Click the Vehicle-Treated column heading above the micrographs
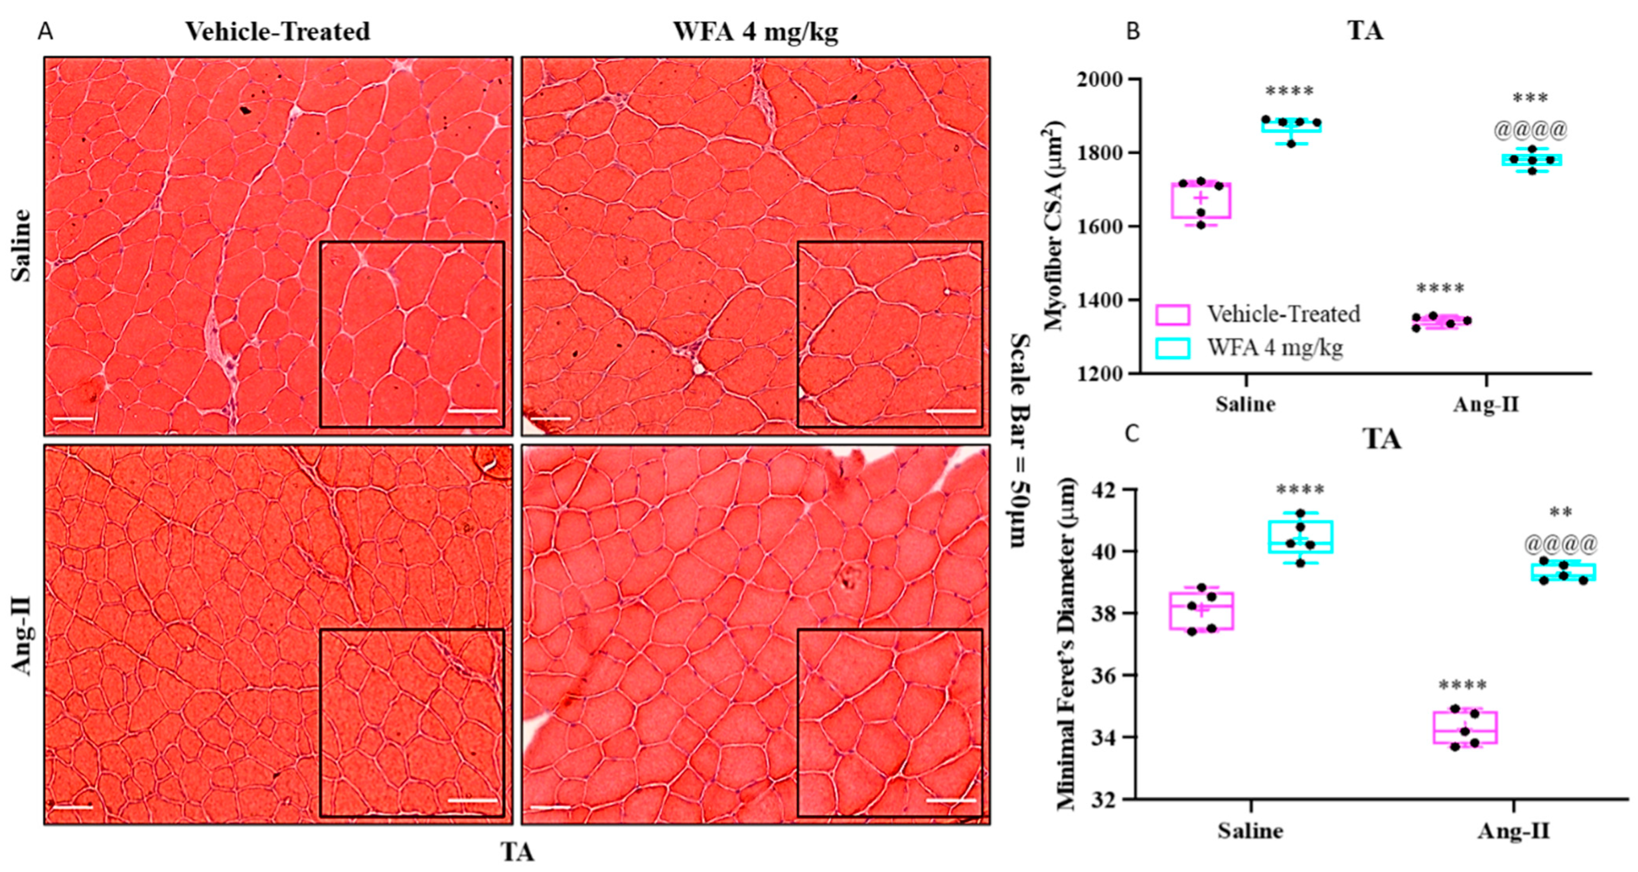tap(277, 31)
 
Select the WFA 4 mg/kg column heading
tap(756, 31)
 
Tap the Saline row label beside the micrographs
tap(21, 245)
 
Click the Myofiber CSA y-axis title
tap(1052, 226)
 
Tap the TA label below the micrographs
tap(517, 852)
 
